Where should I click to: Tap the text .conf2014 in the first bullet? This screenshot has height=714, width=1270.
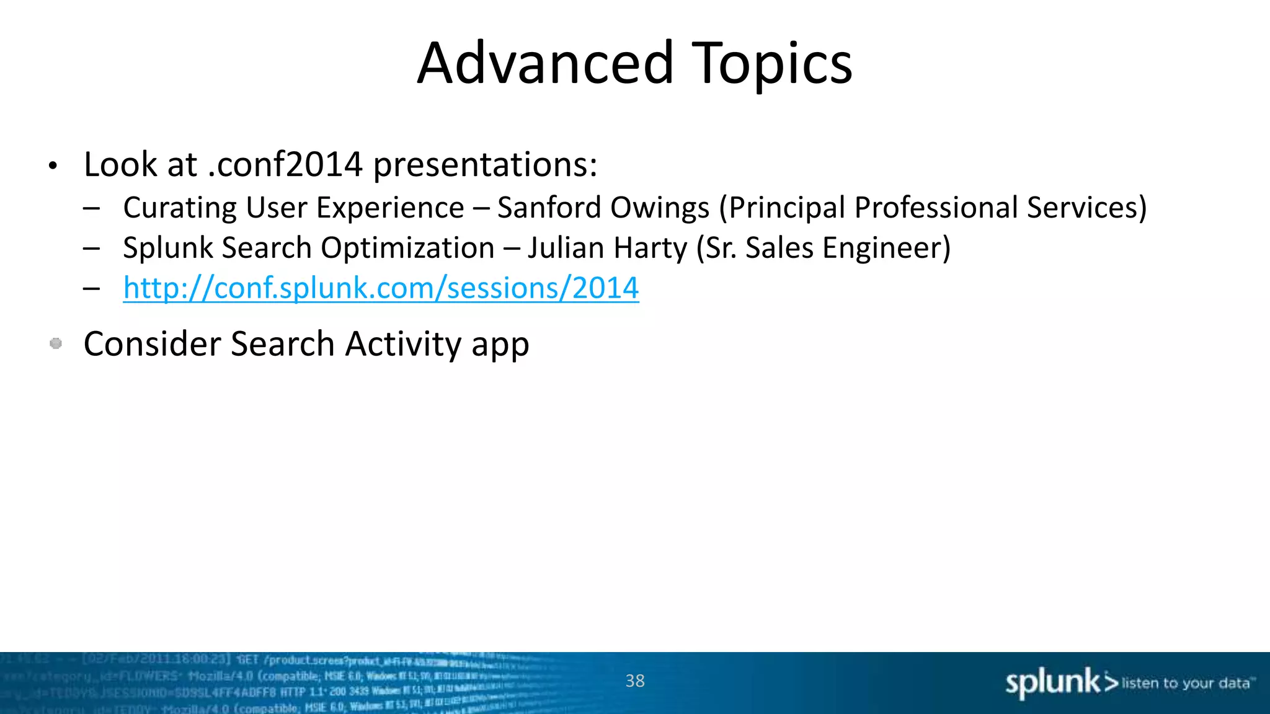(285, 165)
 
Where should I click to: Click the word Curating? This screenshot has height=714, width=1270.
(179, 208)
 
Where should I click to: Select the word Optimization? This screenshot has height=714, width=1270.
(407, 249)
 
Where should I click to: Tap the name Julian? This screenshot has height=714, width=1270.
(566, 249)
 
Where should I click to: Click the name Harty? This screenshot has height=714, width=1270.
(651, 249)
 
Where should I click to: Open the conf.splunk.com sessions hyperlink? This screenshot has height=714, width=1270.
(381, 288)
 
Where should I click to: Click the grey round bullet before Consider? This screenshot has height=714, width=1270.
(56, 343)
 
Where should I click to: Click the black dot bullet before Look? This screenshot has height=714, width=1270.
(53, 166)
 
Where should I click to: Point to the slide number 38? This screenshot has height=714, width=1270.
(635, 681)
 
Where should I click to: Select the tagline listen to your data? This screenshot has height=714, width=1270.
(1187, 683)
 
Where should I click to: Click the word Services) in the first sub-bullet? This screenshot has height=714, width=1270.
(1086, 208)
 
